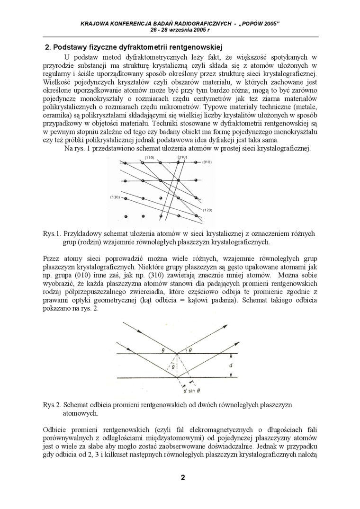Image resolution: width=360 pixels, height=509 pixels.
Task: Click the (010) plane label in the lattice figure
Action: (x=207, y=162)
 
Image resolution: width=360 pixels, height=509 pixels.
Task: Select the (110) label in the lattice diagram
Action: (x=149, y=157)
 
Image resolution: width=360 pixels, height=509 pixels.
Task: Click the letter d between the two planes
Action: (x=230, y=366)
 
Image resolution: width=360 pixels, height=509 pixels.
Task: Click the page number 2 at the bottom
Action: (x=182, y=477)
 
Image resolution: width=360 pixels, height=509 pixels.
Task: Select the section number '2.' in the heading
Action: (x=47, y=47)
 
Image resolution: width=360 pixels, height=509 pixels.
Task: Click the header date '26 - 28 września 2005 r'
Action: (x=180, y=29)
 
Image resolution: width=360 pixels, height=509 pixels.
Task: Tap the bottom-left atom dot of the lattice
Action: (x=126, y=216)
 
